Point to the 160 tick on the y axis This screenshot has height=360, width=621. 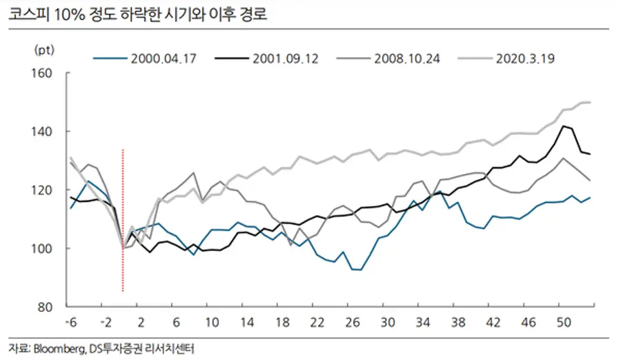[x=46, y=72]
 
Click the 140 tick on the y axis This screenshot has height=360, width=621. [x=46, y=131]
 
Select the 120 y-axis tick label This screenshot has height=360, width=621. [x=46, y=190]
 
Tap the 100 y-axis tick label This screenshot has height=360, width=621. [x=46, y=248]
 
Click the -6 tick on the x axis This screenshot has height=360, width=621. [x=70, y=322]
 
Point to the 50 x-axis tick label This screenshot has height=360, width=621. [x=563, y=322]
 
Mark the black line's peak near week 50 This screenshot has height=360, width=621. [x=564, y=126]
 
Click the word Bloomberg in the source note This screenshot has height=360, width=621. [x=57, y=347]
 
